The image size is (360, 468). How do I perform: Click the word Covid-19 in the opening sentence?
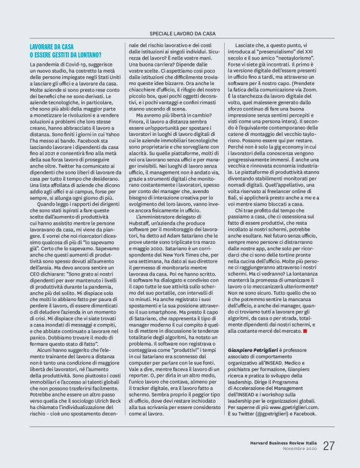[x=76, y=64]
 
